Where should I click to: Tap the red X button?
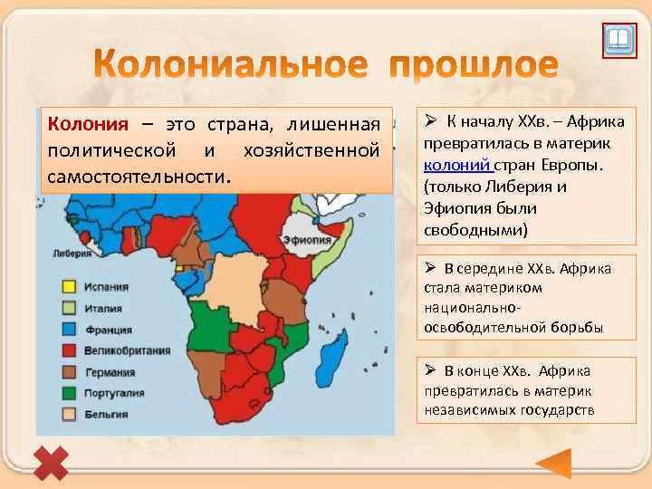click(x=51, y=463)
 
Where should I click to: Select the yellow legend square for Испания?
click(x=69, y=287)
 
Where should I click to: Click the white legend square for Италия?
click(x=69, y=308)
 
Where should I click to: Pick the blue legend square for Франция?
click(x=69, y=330)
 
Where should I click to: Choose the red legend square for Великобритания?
click(x=69, y=350)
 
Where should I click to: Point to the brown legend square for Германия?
click(x=69, y=372)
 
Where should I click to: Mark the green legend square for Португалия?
click(x=69, y=393)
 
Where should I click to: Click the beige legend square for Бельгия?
click(x=69, y=415)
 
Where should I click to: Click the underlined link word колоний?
click(x=457, y=165)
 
